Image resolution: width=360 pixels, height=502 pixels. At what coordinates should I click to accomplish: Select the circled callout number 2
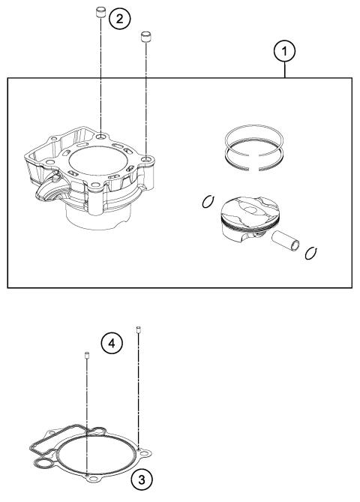click(118, 19)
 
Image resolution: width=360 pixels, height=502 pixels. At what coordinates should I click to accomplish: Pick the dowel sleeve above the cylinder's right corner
click(145, 35)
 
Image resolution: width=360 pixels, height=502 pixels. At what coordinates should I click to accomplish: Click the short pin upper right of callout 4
click(139, 329)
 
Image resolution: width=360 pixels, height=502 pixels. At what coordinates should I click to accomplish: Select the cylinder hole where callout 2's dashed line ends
click(100, 138)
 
